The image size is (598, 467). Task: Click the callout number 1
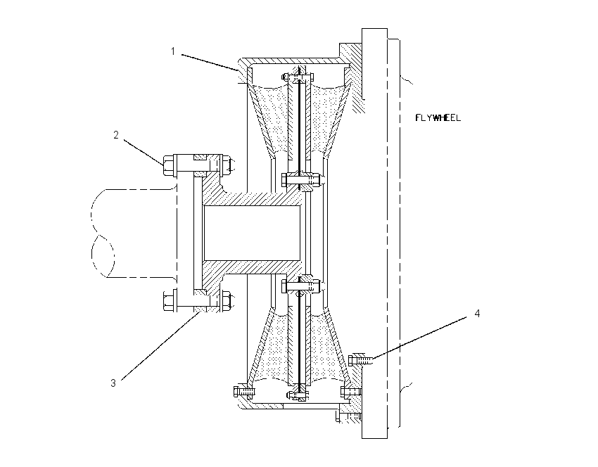[173, 51]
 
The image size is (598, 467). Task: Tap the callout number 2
[116, 134]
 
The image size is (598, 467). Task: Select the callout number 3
[113, 383]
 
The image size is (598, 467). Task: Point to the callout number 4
[477, 314]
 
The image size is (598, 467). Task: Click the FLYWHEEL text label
[438, 117]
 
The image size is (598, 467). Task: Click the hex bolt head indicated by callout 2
[169, 165]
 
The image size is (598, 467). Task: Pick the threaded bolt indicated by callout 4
[360, 360]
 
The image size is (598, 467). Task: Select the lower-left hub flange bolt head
[169, 300]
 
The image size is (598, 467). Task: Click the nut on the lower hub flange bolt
[227, 300]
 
